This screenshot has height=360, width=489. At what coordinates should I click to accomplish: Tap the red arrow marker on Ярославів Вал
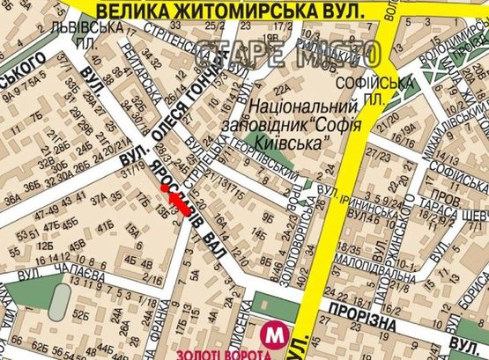177,200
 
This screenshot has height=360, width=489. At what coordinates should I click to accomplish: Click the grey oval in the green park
58,303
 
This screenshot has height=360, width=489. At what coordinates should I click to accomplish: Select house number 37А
98,197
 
